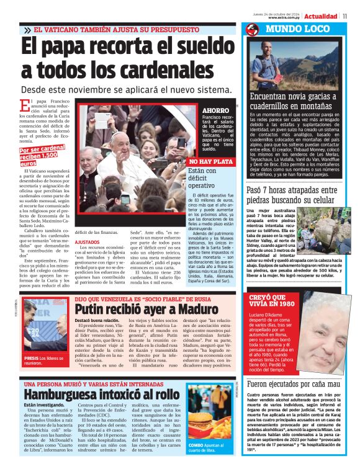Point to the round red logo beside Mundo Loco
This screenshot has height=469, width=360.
pyautogui.click(x=252, y=30)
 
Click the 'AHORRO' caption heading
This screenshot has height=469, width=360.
pyautogui.click(x=215, y=110)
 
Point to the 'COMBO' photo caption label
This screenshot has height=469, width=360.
pyautogui.click(x=198, y=445)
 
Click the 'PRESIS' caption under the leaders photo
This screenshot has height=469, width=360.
pyautogui.click(x=32, y=359)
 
